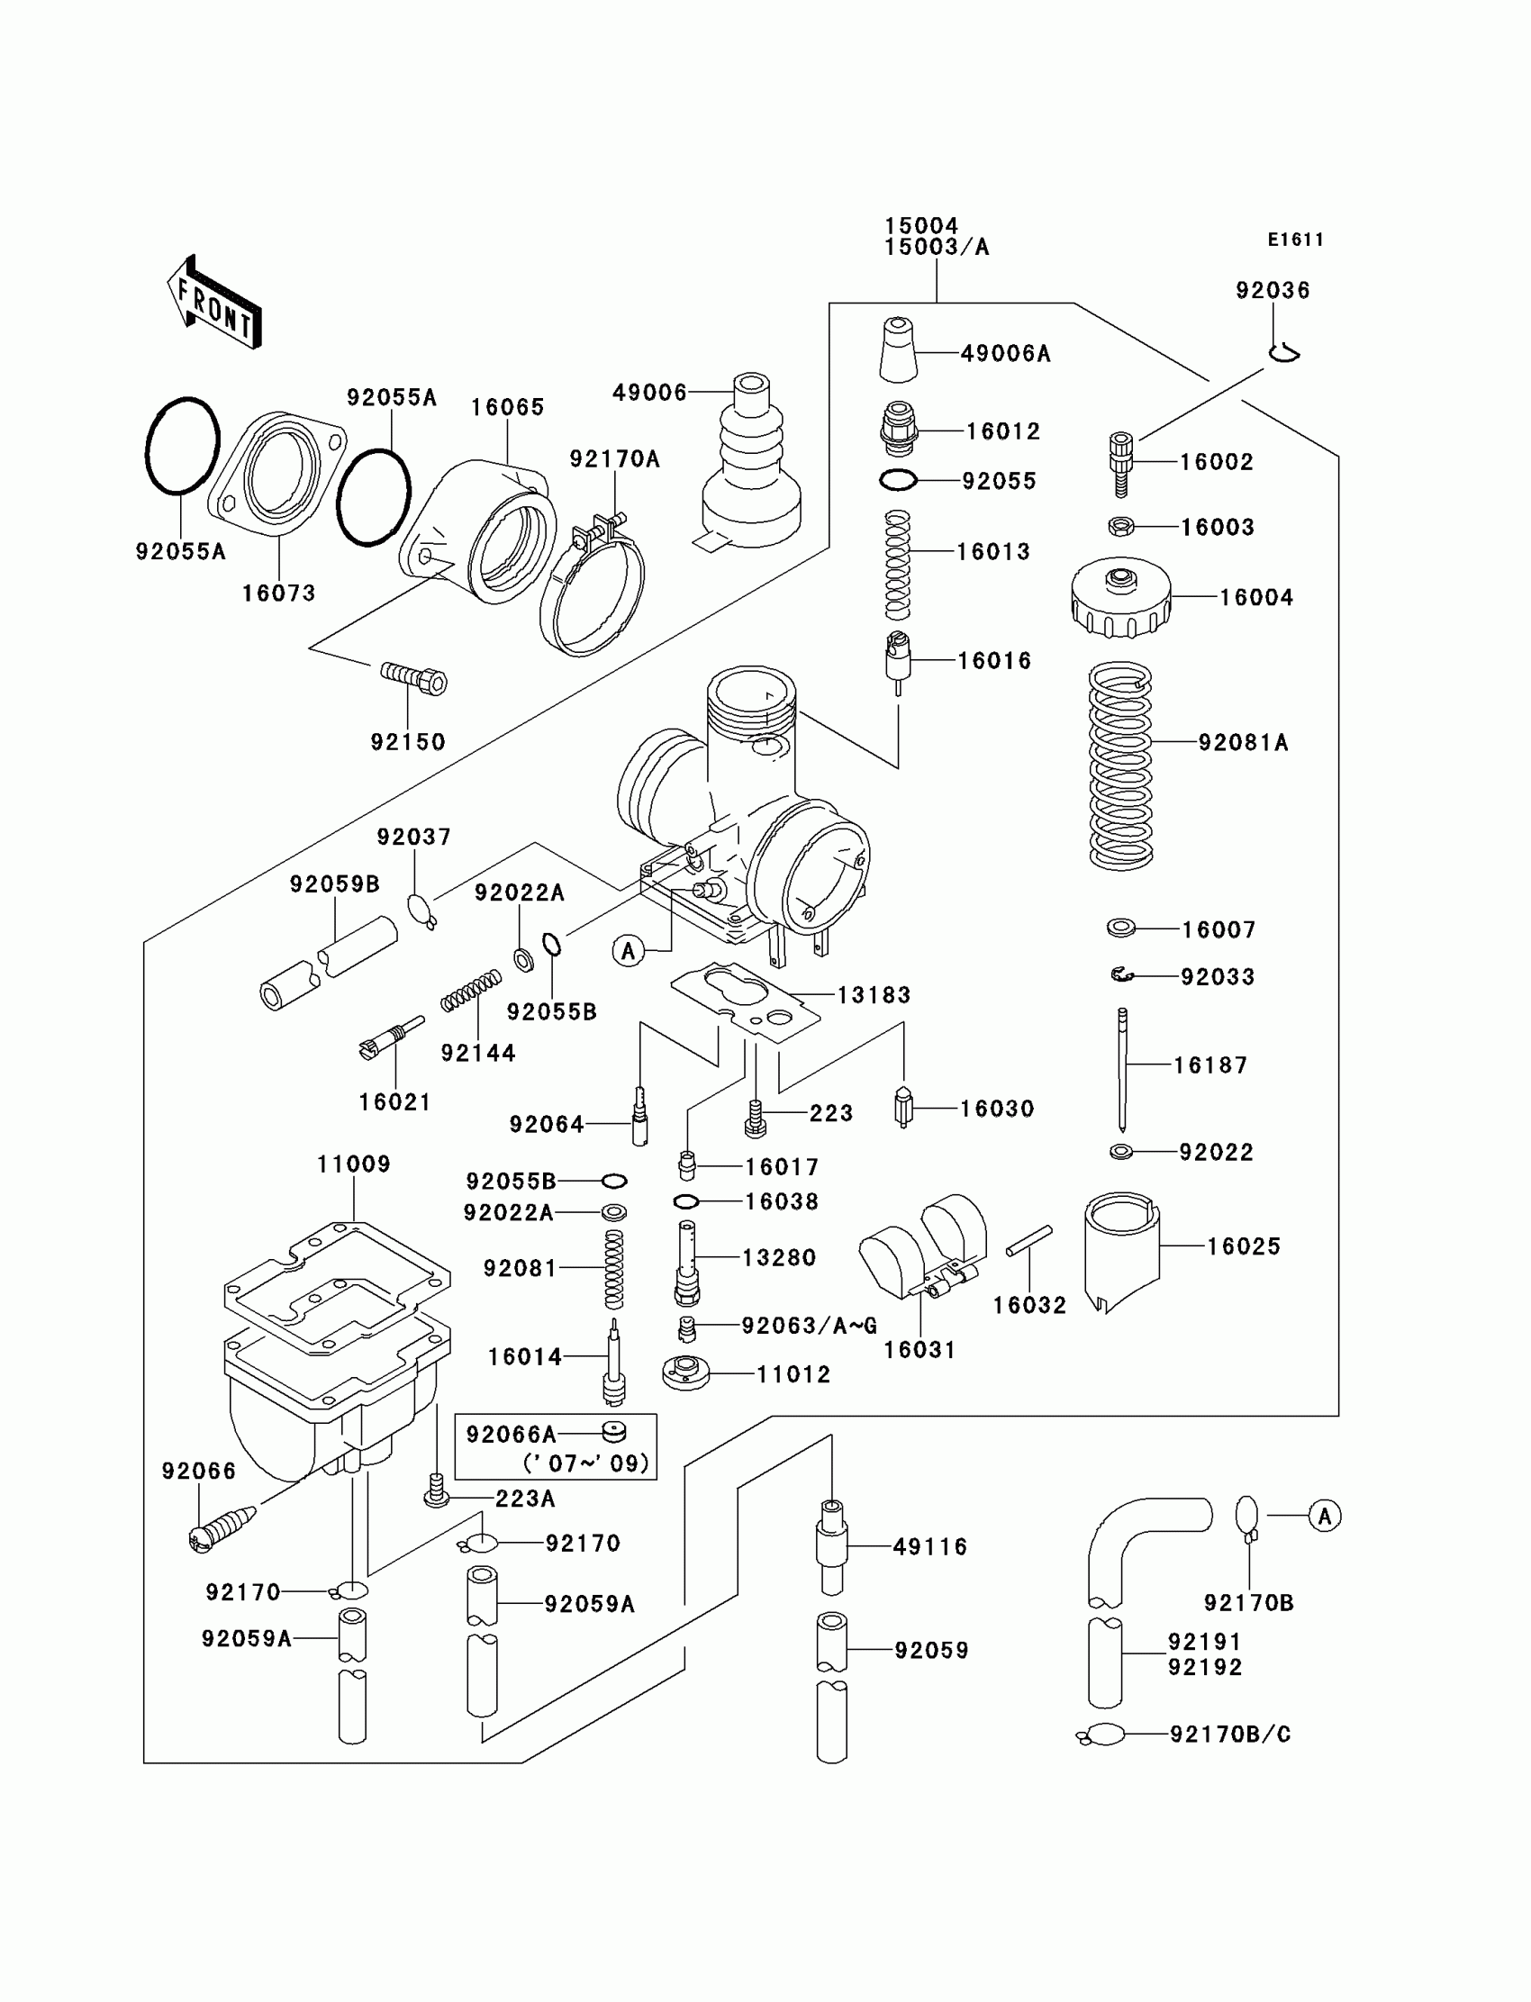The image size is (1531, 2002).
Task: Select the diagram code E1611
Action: (x=1295, y=240)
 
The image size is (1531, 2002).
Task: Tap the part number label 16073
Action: (x=278, y=593)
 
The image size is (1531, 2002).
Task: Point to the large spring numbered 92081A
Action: (x=1120, y=765)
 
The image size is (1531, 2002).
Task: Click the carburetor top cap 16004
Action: (x=1120, y=597)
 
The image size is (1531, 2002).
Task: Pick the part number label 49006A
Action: (x=1005, y=354)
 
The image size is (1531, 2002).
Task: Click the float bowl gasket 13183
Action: (x=745, y=1001)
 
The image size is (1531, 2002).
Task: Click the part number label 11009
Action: (x=354, y=1164)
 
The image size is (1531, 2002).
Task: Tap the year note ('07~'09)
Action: (x=586, y=1463)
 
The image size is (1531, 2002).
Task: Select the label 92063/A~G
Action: (x=810, y=1326)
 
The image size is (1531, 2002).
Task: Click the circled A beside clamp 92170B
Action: (x=1324, y=1517)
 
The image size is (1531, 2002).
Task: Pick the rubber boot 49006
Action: (x=751, y=465)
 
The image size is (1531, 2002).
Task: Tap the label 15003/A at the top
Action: (x=936, y=247)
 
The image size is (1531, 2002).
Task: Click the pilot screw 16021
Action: (x=393, y=1037)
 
